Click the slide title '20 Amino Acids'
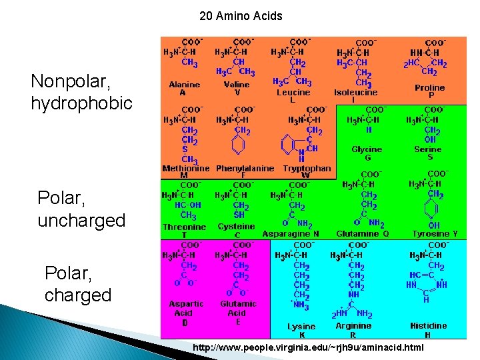(x=241, y=16)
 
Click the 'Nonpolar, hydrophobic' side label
(x=81, y=93)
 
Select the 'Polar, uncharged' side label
(x=81, y=209)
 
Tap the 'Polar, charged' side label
(x=78, y=283)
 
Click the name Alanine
(x=184, y=85)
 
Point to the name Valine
(x=237, y=85)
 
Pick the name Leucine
(x=293, y=93)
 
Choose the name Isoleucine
(x=356, y=93)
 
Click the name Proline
(x=429, y=87)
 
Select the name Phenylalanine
(x=245, y=169)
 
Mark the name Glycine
(x=367, y=150)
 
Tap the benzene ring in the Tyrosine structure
(x=433, y=210)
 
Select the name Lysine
(x=301, y=327)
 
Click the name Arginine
(x=353, y=327)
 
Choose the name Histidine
(x=429, y=326)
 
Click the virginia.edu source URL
(x=308, y=347)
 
